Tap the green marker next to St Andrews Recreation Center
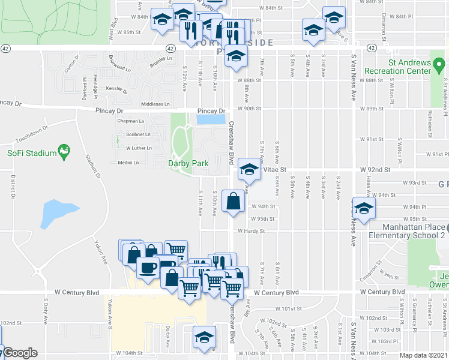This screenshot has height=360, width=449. tap(439, 63)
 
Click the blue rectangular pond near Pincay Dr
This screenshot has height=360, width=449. tap(209, 119)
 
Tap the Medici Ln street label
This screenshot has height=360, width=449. tap(128, 163)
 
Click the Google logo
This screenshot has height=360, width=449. tap(20, 353)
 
